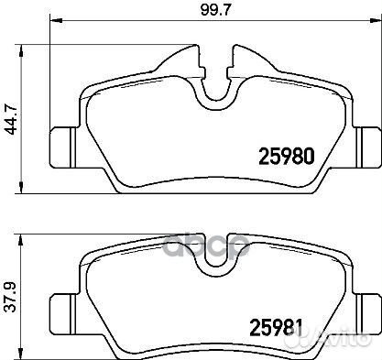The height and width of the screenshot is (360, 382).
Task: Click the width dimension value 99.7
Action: pyautogui.click(x=215, y=10)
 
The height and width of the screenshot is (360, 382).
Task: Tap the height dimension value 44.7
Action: pyautogui.click(x=13, y=119)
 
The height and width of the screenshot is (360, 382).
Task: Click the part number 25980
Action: pyautogui.click(x=287, y=156)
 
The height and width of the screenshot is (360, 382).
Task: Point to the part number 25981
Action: pyautogui.click(x=277, y=328)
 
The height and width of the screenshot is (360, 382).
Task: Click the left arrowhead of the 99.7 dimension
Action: pyautogui.click(x=56, y=21)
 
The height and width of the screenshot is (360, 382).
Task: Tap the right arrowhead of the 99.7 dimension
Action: pyautogui.click(x=376, y=21)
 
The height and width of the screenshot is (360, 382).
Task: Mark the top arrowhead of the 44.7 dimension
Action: pyautogui.click(x=21, y=50)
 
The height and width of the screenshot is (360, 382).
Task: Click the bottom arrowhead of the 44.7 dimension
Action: pyautogui.click(x=21, y=187)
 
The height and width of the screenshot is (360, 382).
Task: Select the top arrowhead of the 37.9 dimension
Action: pyautogui.click(x=21, y=241)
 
